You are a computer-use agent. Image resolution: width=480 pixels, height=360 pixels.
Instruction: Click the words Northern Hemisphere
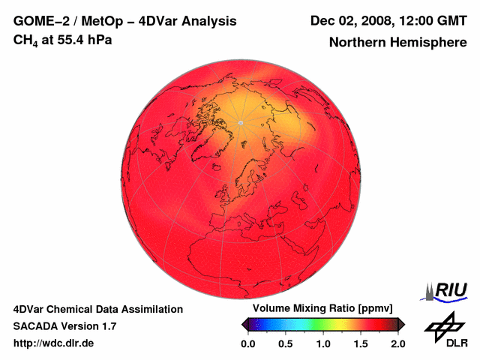coord(397,43)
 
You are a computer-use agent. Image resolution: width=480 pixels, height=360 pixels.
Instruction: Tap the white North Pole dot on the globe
coord(240,122)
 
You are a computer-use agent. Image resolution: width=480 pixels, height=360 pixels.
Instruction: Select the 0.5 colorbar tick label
coord(285,343)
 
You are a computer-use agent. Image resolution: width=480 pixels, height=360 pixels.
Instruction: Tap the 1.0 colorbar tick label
coord(322,343)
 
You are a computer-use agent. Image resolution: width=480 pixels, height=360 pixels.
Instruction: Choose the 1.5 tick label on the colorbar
coord(360,343)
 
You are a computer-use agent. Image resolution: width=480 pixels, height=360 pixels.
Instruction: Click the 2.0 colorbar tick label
coord(397,343)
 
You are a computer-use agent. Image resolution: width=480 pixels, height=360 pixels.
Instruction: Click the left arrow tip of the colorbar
coord(242,324)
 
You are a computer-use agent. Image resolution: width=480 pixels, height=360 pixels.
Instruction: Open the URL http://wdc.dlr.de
coord(54,343)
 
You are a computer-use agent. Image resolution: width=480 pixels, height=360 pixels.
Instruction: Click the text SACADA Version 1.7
coord(64,326)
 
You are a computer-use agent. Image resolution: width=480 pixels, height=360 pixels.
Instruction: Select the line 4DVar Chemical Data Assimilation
coord(97,309)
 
